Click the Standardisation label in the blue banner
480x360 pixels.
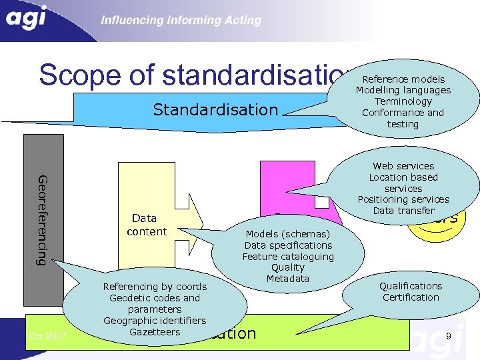coord(215,109)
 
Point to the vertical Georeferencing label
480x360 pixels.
coord(43,220)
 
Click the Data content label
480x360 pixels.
coord(146,225)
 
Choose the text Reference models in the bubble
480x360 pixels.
coord(403,79)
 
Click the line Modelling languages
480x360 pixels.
coord(403,90)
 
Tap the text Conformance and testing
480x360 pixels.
coord(403,118)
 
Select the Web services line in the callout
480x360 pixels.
coord(403,166)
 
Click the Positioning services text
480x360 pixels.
coord(403,199)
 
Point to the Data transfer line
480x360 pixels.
coord(403,211)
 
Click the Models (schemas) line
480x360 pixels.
coord(288,234)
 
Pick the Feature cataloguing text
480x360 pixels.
coord(288,257)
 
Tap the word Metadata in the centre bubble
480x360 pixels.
coord(288,279)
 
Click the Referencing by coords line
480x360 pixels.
coord(155,287)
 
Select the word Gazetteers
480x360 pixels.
coord(155,332)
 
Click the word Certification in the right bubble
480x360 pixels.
coord(411,297)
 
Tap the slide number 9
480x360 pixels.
coord(449,337)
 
